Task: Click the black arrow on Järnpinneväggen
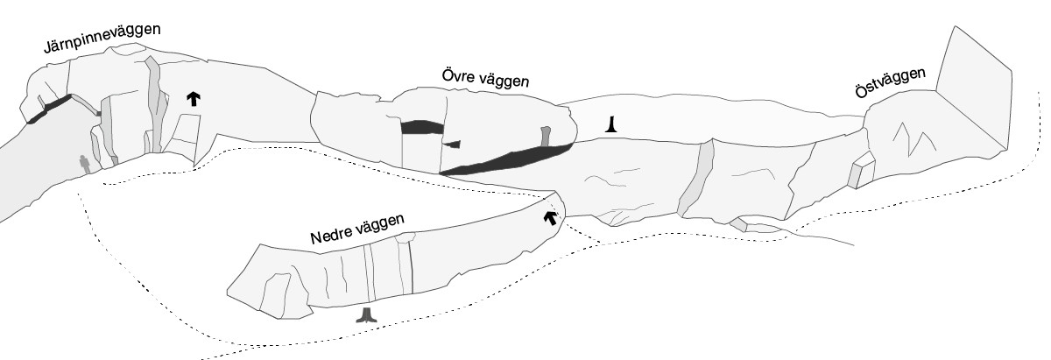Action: pos(192,98)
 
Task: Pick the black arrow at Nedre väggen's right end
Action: pos(551,216)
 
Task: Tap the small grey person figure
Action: pos(85,164)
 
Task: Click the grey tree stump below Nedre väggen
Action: pos(367,316)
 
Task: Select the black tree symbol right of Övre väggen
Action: pos(616,126)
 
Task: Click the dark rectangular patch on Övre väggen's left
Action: pos(421,127)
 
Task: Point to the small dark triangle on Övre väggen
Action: pos(452,144)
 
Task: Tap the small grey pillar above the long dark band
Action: pos(546,137)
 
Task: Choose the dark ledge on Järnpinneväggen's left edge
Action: pos(49,109)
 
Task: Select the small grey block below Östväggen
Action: pos(861,171)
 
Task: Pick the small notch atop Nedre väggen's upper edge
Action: pos(403,237)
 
